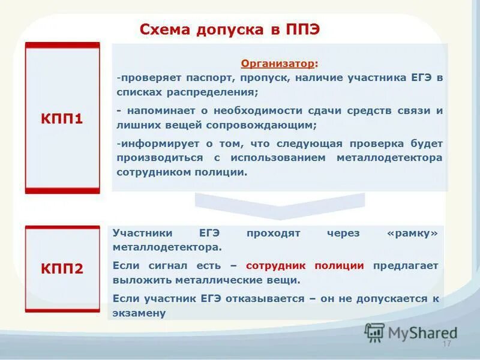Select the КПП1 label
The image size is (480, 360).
pos(62,119)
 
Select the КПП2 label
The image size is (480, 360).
pos(62,268)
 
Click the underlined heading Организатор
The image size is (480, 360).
pos(278,64)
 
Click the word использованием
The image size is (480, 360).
pos(265,157)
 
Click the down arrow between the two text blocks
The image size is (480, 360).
pos(280,206)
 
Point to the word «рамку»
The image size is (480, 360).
pos(413,233)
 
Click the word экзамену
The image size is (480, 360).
pos(139,313)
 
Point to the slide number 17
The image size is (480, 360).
pos(446,344)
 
